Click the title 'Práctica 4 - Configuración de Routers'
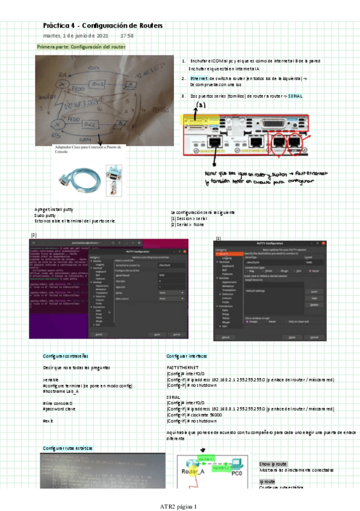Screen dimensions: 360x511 point(102,26)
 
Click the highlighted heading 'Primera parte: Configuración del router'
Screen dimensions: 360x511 point(81,46)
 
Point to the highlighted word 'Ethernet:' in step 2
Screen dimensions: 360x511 point(200,78)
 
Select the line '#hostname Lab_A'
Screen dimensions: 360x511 point(61,391)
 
